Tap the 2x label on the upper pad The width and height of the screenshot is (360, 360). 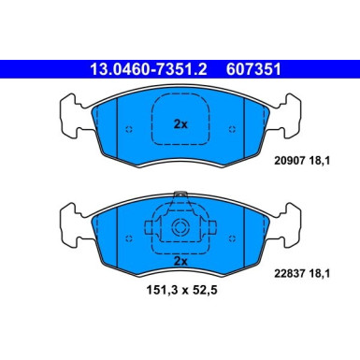pos(180,123)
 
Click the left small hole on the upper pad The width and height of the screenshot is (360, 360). pos(129,129)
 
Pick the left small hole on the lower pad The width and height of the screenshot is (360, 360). pos(129,230)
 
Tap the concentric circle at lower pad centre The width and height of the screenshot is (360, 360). pos(180,230)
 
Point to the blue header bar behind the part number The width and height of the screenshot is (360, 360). pos(37,68)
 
